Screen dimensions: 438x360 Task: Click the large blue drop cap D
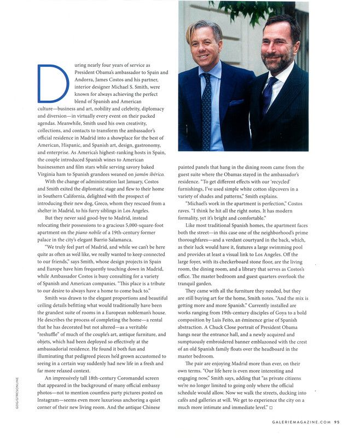[x=53, y=83]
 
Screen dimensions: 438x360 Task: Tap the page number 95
[x=337, y=422]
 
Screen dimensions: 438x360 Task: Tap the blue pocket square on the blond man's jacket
[x=236, y=102]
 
